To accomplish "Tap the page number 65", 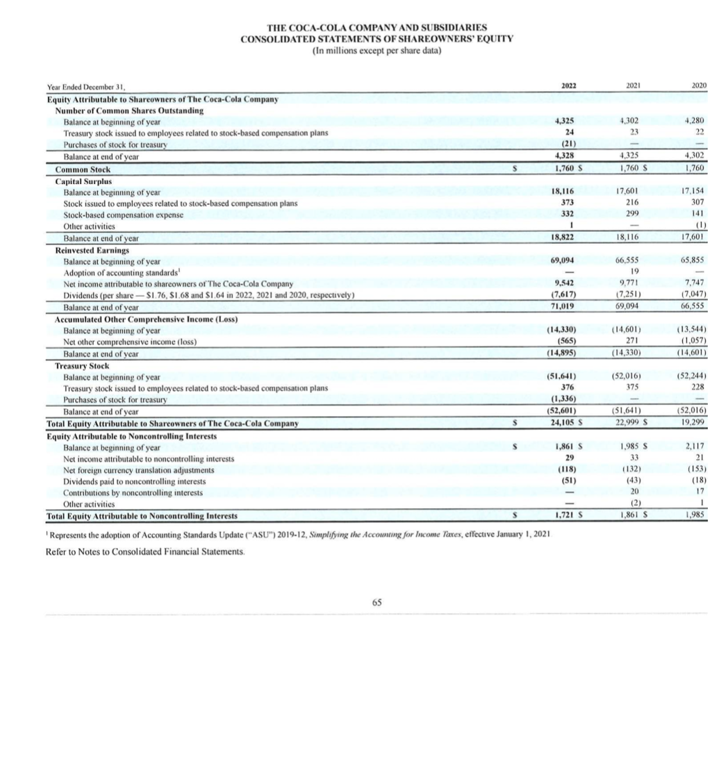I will (x=376, y=602).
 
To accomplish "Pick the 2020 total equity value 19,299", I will (x=695, y=423).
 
